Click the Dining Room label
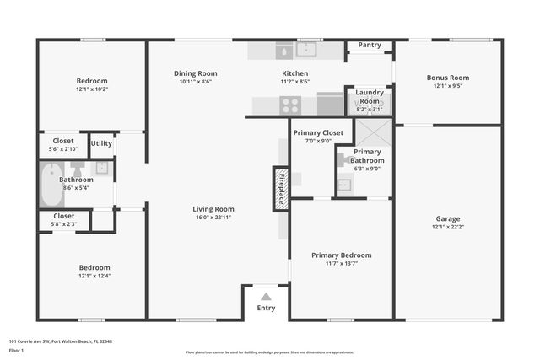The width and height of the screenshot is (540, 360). click(x=196, y=73)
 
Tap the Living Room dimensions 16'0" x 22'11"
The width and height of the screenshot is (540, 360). click(x=213, y=218)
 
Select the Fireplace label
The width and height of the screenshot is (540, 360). click(x=281, y=188)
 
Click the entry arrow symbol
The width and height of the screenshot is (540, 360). click(x=266, y=296)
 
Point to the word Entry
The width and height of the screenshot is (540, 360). click(x=266, y=308)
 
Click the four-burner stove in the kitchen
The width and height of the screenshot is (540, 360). click(x=290, y=105)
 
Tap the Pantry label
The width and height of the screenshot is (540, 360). click(x=370, y=45)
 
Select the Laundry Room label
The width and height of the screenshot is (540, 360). click(x=370, y=96)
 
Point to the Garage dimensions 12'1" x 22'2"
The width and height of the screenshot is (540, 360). click(x=448, y=226)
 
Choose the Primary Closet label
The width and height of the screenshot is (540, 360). click(x=318, y=132)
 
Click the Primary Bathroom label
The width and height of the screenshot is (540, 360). click(x=367, y=156)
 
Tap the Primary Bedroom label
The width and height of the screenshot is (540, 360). click(x=341, y=255)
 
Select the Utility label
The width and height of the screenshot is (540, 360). click(x=101, y=143)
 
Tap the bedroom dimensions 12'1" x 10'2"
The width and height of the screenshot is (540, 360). click(x=92, y=89)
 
